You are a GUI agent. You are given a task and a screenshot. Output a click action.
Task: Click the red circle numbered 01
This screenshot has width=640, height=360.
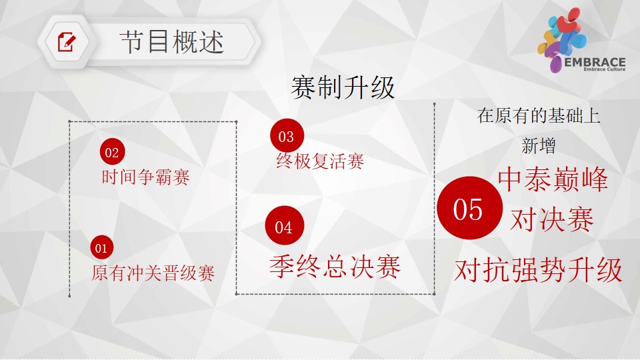(101, 247)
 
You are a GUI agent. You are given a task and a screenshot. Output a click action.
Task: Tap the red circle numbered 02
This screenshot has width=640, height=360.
(112, 152)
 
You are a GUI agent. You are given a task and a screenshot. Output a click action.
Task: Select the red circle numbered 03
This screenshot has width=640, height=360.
(287, 135)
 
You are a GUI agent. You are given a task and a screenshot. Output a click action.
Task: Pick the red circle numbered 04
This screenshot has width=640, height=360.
(285, 226)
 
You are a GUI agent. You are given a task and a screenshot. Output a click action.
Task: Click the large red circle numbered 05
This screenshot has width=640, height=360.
(469, 208)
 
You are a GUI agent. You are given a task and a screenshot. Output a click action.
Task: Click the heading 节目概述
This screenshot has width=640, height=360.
(172, 42)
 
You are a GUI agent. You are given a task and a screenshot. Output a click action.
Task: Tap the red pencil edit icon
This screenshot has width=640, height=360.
(67, 41)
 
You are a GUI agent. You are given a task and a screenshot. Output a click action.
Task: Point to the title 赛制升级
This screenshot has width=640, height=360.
(343, 87)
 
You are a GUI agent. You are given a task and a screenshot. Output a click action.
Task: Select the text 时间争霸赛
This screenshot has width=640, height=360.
(146, 177)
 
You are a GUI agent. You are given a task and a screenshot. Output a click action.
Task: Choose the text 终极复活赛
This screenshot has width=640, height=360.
(320, 161)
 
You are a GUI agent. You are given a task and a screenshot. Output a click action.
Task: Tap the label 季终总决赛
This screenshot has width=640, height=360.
(335, 267)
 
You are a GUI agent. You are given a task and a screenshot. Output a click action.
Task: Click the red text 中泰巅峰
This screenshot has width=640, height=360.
(553, 179)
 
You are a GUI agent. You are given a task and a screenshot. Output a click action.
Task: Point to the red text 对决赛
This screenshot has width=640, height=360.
(552, 219)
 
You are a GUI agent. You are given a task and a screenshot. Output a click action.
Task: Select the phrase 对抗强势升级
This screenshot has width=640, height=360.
(539, 270)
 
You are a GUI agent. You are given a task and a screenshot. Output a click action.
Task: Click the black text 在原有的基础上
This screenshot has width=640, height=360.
(539, 115)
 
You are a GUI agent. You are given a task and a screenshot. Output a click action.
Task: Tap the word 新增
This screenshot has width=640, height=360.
(539, 146)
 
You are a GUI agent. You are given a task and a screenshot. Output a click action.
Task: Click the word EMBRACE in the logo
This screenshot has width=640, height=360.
(595, 63)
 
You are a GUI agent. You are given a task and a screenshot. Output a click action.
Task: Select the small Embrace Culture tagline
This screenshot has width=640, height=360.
(605, 69)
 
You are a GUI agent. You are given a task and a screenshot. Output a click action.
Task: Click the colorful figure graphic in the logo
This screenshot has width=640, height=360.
(561, 39)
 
